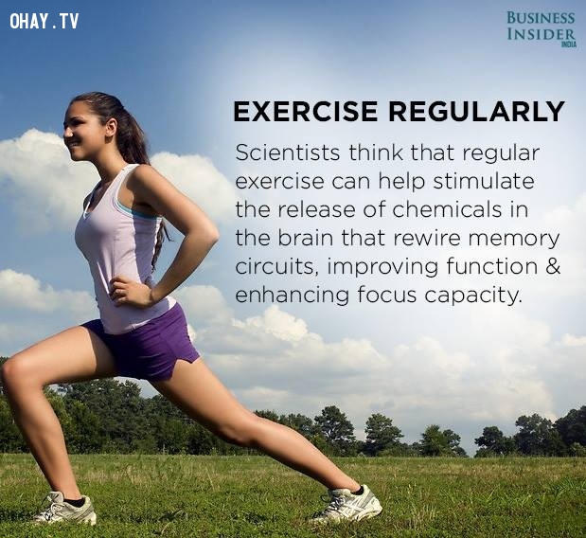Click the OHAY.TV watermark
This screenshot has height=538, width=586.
[x=44, y=21]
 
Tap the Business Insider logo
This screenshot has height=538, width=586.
[x=542, y=29]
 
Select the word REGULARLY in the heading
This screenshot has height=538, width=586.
[x=476, y=112]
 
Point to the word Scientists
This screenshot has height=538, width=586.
[x=288, y=152]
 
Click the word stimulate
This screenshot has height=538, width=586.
[x=484, y=181]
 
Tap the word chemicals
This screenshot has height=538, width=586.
[x=447, y=209]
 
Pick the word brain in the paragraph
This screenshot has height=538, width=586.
[x=305, y=238]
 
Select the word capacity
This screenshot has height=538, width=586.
[x=472, y=296]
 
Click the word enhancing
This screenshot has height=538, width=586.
[x=293, y=296]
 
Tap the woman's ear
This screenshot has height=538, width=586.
[x=111, y=126]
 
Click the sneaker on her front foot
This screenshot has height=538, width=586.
[x=64, y=508]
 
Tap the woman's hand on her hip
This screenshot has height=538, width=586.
[x=129, y=293]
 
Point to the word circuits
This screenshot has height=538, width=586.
[x=277, y=266]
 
